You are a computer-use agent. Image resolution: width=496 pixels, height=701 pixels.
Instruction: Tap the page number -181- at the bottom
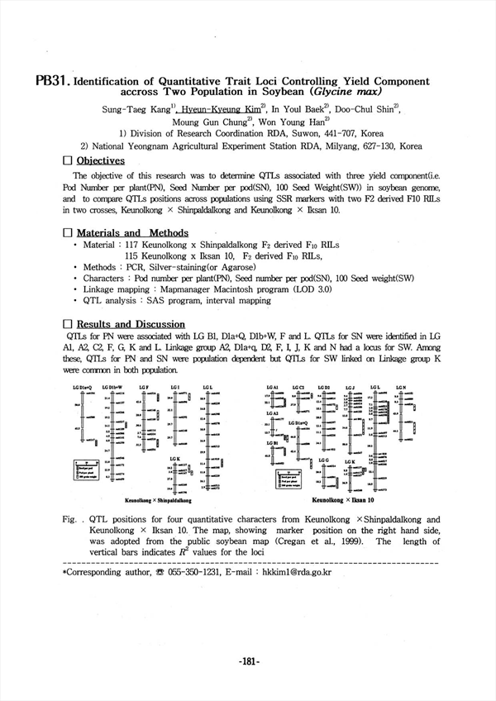(248, 660)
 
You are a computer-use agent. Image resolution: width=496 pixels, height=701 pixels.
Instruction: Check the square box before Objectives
(68, 160)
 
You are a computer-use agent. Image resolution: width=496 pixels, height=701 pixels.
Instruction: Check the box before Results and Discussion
(68, 324)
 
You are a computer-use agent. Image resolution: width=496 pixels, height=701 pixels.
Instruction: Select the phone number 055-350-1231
(195, 571)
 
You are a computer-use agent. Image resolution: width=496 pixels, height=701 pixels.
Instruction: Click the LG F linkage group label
(144, 387)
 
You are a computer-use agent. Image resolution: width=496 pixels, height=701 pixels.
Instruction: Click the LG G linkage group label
(322, 460)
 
